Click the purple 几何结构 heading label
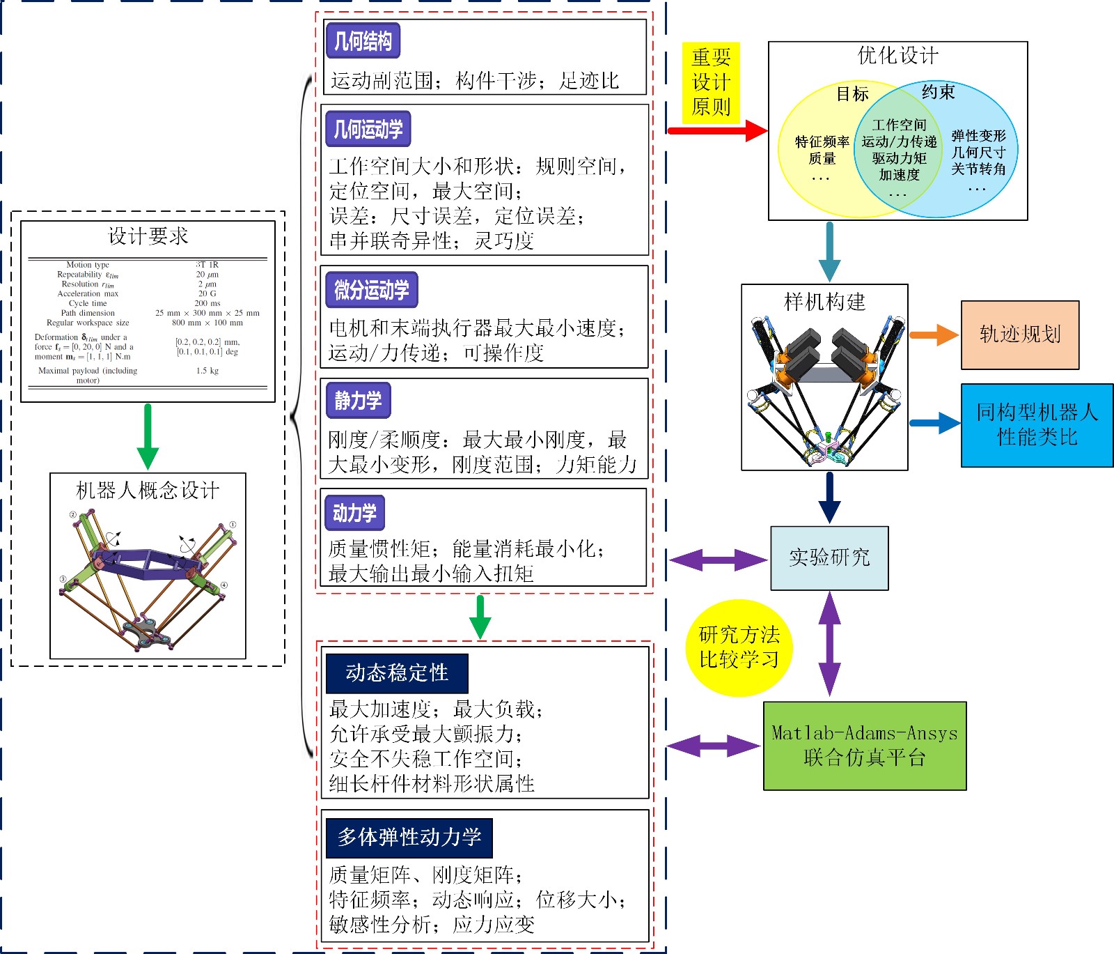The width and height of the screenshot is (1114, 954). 363,41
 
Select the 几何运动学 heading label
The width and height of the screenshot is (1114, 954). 368,129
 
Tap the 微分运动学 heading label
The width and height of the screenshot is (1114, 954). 372,290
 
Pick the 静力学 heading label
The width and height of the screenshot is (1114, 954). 358,401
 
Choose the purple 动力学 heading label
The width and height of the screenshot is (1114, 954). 354,513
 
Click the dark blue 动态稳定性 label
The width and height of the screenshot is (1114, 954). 397,673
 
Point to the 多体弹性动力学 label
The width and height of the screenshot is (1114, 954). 409,838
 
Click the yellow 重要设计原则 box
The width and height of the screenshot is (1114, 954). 711,82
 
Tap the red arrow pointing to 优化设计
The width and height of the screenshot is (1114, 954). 716,130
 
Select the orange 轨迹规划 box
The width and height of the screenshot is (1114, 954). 1020,335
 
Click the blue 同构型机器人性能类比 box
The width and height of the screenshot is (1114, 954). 1037,425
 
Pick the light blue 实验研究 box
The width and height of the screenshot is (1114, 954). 829,557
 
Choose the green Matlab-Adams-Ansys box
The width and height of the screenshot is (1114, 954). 865,746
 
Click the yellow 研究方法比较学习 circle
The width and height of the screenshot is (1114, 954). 739,647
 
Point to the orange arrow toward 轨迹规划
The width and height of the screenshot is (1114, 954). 934,335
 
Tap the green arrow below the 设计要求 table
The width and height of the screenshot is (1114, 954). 148,436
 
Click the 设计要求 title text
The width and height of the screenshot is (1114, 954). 148,236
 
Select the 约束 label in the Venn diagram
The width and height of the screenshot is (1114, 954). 938,92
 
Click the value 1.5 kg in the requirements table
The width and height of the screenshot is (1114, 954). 207,371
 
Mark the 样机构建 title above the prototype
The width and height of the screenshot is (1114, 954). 824,302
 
